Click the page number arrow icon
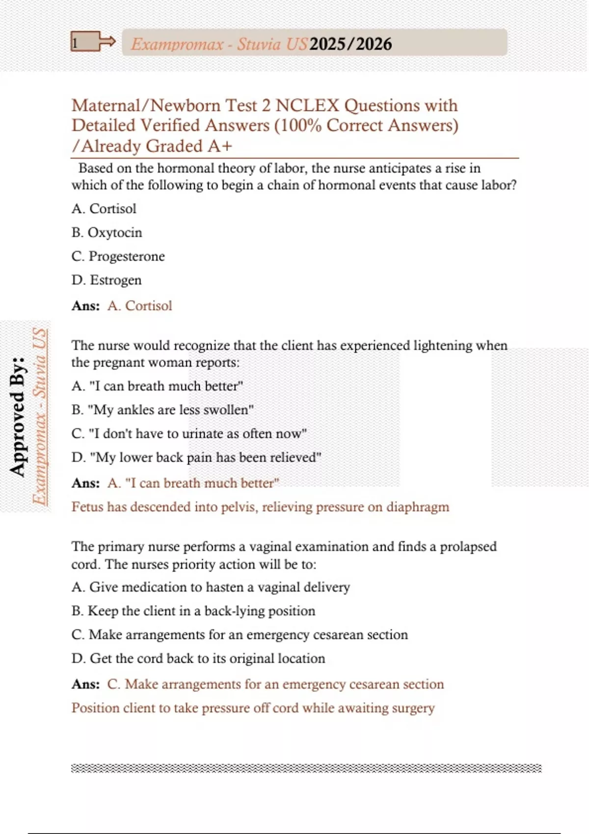[93, 42]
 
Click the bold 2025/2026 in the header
[351, 44]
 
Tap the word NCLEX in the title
[307, 105]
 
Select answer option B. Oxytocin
[107, 233]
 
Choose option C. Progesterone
[118, 257]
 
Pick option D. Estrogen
[107, 280]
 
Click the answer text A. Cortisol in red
[140, 306]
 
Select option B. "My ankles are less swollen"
[162, 410]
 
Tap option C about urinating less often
[189, 434]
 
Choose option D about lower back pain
[196, 457]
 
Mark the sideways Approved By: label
[18, 417]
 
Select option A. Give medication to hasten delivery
[211, 587]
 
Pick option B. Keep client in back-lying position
[193, 611]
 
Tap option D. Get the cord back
[198, 658]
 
